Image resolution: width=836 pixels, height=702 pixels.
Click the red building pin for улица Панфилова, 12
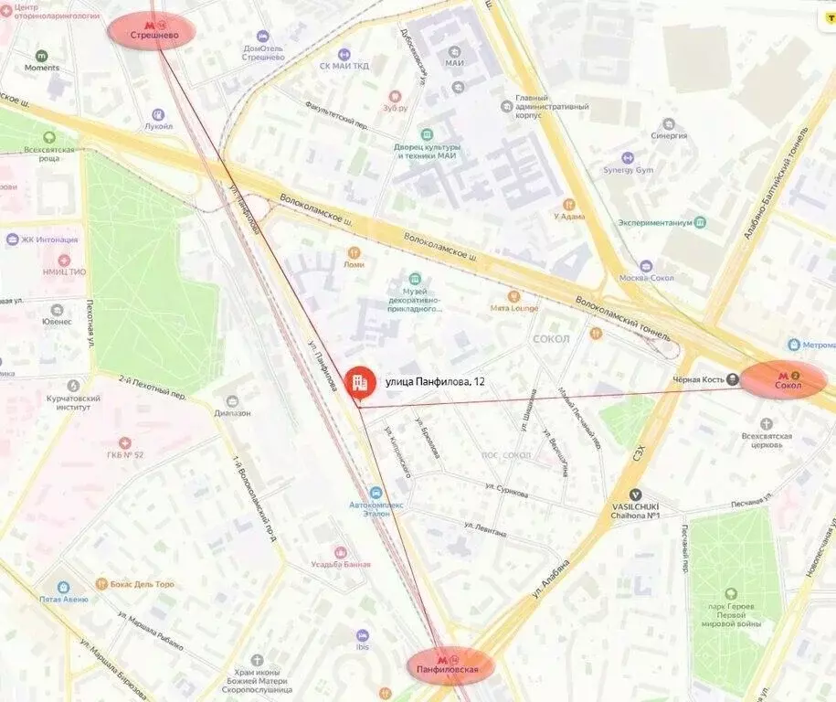tap(357, 382)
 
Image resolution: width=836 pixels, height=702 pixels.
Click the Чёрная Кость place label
tap(693, 380)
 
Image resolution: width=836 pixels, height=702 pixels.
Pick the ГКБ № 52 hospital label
tap(125, 453)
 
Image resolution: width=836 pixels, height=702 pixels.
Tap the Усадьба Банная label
tap(341, 563)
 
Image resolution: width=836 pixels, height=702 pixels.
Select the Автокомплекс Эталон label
tap(376, 508)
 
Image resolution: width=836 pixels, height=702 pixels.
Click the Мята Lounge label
tap(514, 308)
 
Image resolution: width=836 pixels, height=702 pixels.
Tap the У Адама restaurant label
tap(568, 216)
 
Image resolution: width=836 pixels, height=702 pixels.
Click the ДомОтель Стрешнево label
tap(263, 52)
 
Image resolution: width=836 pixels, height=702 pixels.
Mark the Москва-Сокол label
tap(646, 277)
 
